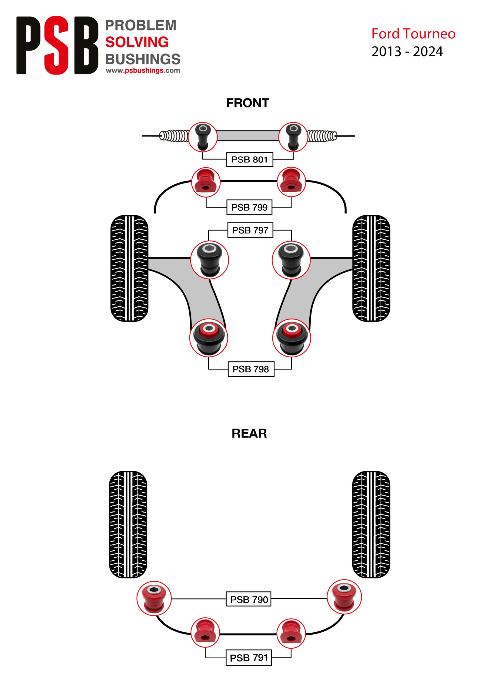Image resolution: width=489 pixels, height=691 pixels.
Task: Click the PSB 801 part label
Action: point(249,160)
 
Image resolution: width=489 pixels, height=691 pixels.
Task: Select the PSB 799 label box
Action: point(249,207)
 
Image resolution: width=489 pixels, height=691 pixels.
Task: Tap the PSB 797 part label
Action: point(250,230)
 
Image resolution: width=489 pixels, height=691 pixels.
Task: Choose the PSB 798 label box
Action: point(251,369)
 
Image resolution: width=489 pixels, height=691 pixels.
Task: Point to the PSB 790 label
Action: point(249,599)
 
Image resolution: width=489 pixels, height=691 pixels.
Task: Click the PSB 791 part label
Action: point(249,658)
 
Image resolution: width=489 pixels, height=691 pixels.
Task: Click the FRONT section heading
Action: point(248,103)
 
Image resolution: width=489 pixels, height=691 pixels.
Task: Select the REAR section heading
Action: point(249,433)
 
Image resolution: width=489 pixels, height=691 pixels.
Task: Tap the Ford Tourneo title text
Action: point(413,33)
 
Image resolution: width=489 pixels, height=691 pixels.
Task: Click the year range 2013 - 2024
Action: point(407,52)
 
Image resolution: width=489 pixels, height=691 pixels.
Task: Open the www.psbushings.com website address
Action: point(143,70)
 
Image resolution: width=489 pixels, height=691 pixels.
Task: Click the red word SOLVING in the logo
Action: point(137,42)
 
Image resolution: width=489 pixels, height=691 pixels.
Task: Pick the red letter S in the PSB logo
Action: point(56,45)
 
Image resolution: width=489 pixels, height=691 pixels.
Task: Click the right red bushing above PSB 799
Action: point(291,182)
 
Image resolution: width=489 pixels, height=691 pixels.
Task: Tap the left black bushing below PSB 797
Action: point(209,260)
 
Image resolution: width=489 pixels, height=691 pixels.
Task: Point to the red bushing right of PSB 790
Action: point(344,597)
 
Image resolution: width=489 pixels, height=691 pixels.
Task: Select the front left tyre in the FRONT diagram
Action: point(129,268)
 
